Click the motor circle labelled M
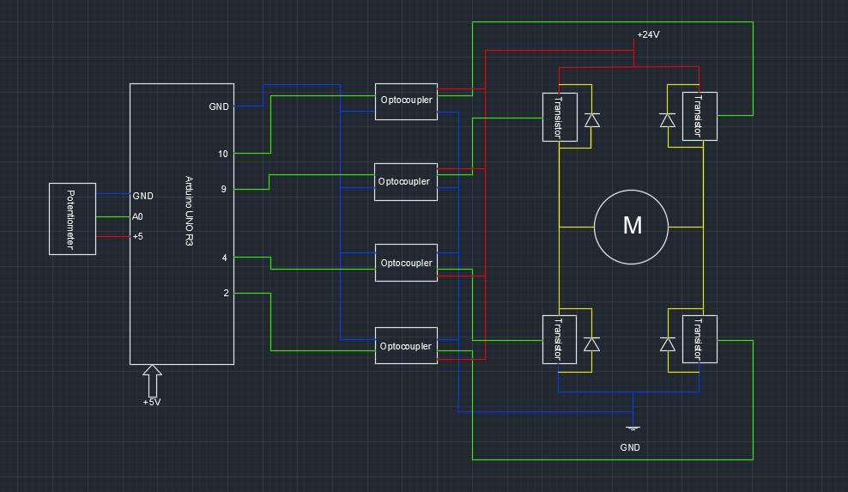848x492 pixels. (632, 227)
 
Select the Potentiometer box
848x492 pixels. (71, 219)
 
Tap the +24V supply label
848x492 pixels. (648, 35)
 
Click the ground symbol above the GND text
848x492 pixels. (633, 428)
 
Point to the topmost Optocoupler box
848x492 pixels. (406, 100)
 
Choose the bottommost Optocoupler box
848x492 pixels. (406, 347)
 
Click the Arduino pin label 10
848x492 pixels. (223, 155)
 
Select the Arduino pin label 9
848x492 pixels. (223, 189)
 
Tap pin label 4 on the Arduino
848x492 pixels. (225, 258)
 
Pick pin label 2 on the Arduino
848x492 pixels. (226, 293)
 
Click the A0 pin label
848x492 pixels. (138, 216)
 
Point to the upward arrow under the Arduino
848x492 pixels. (153, 380)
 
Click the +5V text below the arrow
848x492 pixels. (152, 402)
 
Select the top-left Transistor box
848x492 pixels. (558, 117)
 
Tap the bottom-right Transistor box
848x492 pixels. (698, 339)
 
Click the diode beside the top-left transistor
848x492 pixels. (591, 119)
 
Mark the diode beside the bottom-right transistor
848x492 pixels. (667, 343)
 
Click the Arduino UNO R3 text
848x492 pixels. (190, 212)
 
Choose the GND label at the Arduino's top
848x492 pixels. (219, 106)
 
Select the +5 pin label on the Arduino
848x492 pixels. (137, 236)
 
